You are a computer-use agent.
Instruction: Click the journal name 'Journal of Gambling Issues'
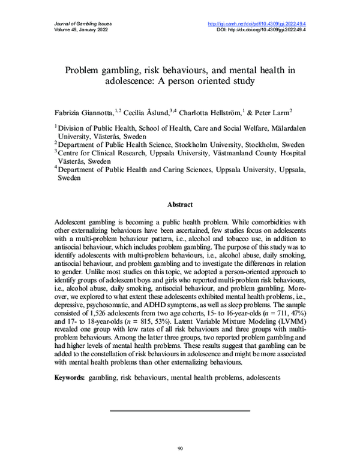pyautogui.click(x=74, y=24)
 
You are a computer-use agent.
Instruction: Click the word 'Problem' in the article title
pyautogui.click(x=87, y=70)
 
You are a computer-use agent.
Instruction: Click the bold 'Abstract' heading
pyautogui.click(x=180, y=204)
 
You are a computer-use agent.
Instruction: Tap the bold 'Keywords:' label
pyautogui.click(x=70, y=378)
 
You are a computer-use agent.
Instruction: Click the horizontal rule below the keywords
pyautogui.click(x=180, y=411)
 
